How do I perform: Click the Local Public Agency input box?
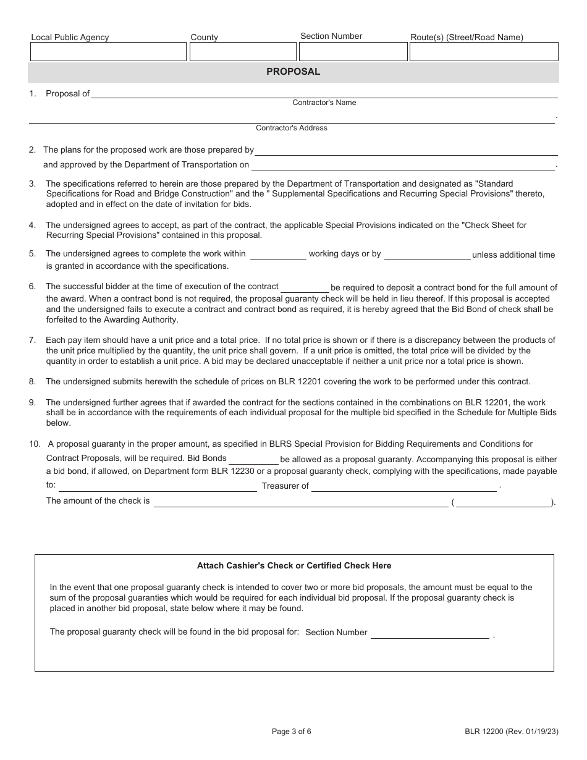[108, 52]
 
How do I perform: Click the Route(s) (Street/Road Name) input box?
[484, 52]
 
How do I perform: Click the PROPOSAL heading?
[293, 72]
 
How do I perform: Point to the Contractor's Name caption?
[324, 103]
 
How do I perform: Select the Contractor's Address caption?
[292, 128]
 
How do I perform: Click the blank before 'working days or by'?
[278, 255]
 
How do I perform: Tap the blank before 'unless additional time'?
[427, 255]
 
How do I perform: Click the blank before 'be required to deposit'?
[305, 288]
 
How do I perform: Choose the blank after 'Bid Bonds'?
[253, 460]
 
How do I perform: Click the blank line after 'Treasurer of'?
[404, 487]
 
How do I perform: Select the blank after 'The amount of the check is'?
[301, 502]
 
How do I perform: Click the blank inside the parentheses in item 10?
[503, 502]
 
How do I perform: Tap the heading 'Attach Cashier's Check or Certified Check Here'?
[294, 565]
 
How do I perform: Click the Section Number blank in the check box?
[429, 634]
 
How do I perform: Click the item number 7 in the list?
[32, 340]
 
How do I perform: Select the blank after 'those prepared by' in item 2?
[407, 151]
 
